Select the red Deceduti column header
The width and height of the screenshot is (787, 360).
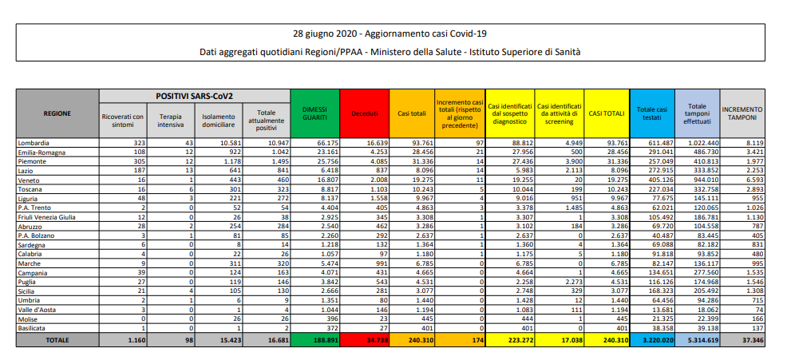(x=364, y=113)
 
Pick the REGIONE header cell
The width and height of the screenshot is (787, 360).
(x=57, y=113)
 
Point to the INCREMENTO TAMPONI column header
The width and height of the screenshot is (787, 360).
(x=742, y=113)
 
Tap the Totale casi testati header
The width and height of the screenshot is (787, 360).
(x=651, y=113)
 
